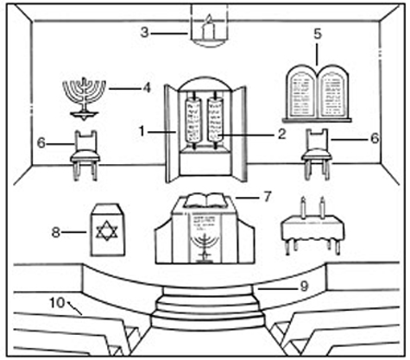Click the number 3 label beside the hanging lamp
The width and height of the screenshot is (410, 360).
pos(145,33)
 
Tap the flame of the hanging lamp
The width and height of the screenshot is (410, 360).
pos(209,19)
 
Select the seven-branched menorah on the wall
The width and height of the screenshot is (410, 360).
pos(85,98)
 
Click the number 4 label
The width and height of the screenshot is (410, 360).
pos(147,88)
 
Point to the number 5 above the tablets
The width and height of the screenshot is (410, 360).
pos(317,34)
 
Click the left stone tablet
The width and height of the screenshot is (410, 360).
pos(301,92)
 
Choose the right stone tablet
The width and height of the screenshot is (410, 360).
pos(332,92)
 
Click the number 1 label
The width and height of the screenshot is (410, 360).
pos(142,131)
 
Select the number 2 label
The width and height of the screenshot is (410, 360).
pos(281,134)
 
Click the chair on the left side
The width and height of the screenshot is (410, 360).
pos(85,155)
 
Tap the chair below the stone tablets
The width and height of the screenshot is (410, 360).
pos(317,154)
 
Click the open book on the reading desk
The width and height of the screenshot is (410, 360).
pos(206,200)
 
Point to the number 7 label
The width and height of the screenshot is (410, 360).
pos(268,197)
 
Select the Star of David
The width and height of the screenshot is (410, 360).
pos(107,231)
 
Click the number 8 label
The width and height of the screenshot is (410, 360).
pos(55,232)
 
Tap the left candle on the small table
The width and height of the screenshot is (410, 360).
pos(303,207)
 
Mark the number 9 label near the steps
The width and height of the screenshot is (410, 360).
pos(304,287)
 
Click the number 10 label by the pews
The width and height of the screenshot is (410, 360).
pos(57,303)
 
